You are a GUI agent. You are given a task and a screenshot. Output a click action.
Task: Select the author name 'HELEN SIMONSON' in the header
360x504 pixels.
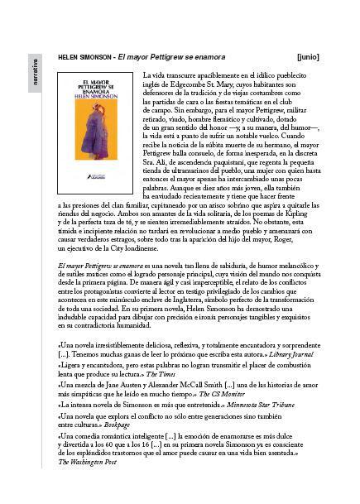tap(84, 58)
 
